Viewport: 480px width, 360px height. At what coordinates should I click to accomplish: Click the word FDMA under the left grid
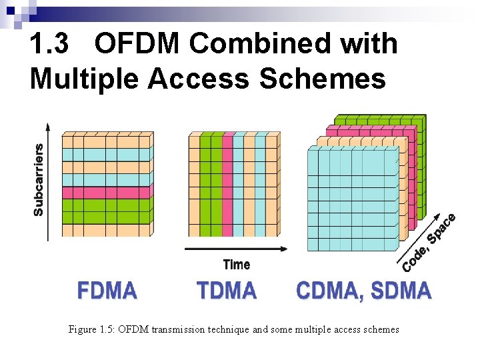107,291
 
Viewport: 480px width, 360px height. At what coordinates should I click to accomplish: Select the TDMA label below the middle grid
227,291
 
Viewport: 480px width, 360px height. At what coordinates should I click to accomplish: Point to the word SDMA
401,291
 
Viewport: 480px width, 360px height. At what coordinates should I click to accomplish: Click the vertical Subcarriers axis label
39,179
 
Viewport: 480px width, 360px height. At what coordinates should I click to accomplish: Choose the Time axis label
237,265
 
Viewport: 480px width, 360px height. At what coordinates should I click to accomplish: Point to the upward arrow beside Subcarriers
48,180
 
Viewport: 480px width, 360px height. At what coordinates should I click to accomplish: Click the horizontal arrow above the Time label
236,249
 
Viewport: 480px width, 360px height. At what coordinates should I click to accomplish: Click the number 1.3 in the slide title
51,45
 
